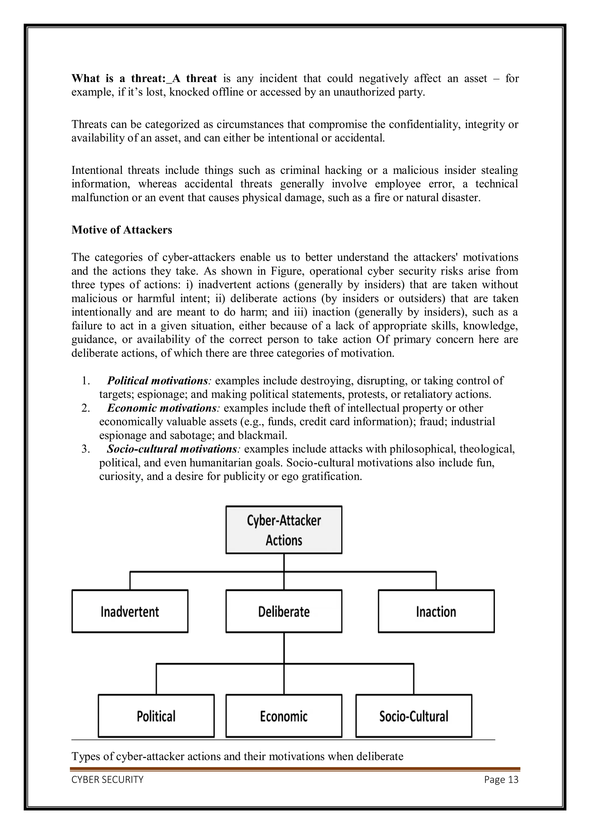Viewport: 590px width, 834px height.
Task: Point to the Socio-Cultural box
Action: [x=414, y=716]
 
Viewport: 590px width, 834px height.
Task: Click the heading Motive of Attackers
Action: [x=122, y=230]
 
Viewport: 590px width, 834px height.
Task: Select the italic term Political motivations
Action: [x=157, y=381]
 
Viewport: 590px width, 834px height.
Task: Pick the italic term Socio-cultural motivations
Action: [x=172, y=449]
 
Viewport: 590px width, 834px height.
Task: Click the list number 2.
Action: [x=86, y=408]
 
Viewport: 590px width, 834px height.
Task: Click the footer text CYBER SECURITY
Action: [x=108, y=780]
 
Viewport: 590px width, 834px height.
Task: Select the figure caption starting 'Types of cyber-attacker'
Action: [x=237, y=756]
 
